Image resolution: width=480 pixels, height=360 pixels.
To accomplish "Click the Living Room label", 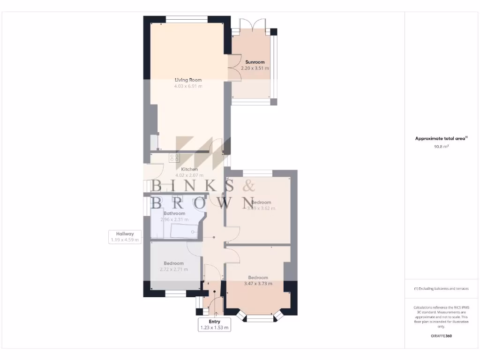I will (x=188, y=80).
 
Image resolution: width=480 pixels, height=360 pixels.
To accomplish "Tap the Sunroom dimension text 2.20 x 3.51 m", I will (x=255, y=68).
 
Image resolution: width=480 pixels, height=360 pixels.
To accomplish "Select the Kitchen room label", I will (x=189, y=169).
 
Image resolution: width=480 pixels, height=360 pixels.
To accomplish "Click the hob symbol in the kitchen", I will (x=174, y=158).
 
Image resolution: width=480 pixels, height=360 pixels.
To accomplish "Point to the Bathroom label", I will (x=174, y=213).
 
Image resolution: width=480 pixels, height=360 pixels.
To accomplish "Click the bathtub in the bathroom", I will (x=185, y=231).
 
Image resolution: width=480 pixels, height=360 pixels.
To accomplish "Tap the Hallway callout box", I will (x=125, y=237).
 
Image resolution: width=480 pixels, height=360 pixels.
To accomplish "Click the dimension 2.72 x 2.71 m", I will (x=174, y=270).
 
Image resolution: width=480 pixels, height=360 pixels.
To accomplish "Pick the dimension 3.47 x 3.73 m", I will (x=258, y=284).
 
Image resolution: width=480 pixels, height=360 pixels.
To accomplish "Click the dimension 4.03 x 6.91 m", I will (x=188, y=86).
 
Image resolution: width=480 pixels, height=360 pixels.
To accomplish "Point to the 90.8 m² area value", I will (x=441, y=147).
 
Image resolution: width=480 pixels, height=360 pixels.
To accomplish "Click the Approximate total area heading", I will (x=441, y=138).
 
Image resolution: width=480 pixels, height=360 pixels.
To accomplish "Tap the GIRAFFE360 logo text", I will (x=441, y=336).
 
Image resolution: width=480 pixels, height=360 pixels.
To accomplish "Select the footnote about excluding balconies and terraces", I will (x=441, y=289).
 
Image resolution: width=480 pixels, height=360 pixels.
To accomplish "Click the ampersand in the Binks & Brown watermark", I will (x=246, y=186).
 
